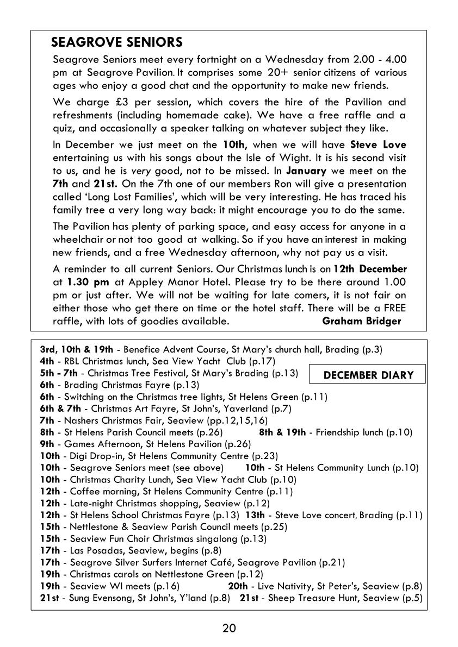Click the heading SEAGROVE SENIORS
(116, 42)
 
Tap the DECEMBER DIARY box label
(368, 375)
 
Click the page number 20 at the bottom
(229, 629)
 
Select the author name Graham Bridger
(361, 321)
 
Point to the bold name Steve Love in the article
(378, 145)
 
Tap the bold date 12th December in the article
(370, 269)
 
